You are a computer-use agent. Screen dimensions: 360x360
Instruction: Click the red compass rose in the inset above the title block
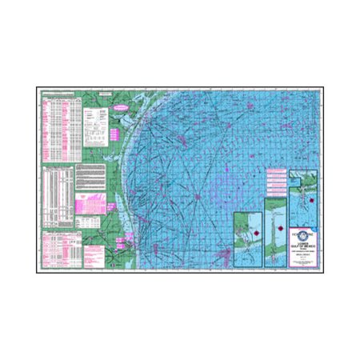tap(304, 203)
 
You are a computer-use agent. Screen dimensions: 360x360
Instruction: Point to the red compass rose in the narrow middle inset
tap(272, 226)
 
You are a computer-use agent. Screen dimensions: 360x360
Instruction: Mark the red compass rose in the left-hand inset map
tap(249, 228)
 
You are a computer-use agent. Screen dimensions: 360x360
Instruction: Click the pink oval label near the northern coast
tap(120, 105)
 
